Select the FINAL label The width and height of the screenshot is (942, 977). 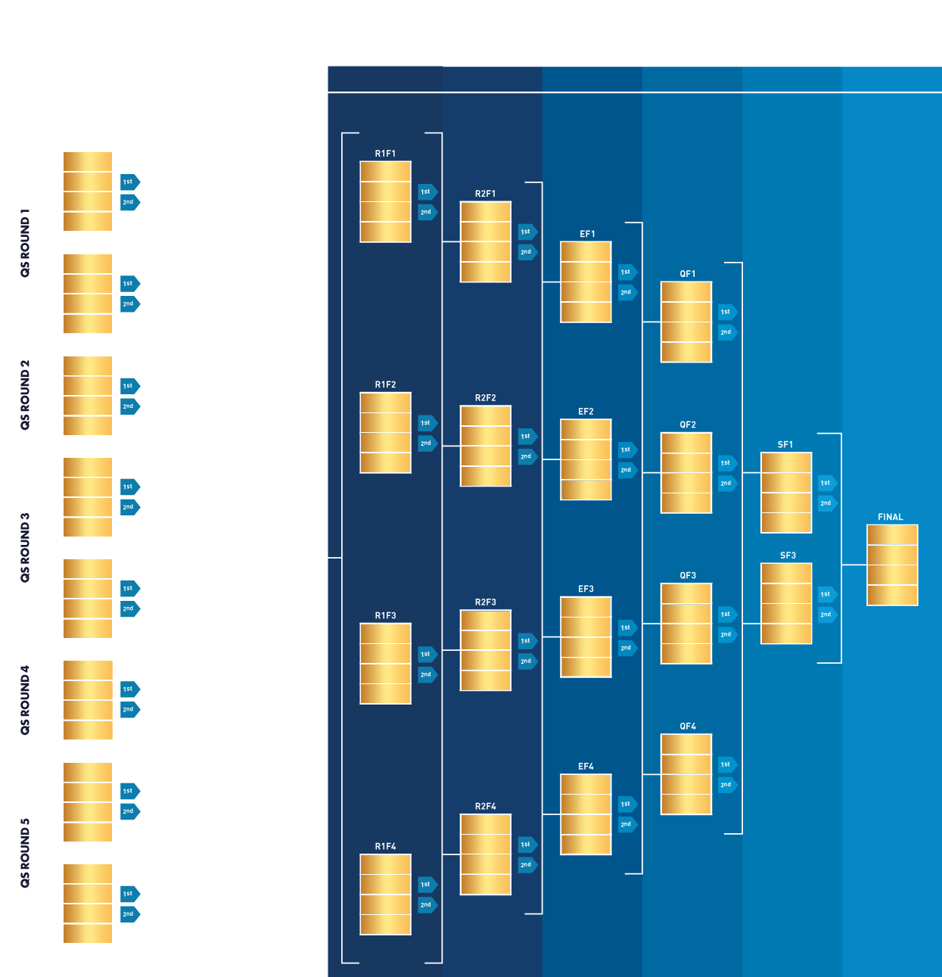coord(891,517)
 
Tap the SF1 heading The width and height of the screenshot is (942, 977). coord(785,444)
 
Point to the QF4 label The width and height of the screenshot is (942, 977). coord(688,726)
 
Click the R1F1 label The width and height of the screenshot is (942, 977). coord(385,154)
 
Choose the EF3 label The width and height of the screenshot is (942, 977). coord(586,589)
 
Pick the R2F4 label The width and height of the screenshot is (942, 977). coord(486,806)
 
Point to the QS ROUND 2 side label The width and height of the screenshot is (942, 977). coord(25,395)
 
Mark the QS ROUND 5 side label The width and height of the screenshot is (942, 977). coord(25,852)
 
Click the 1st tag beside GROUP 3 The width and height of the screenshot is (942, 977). coord(129,386)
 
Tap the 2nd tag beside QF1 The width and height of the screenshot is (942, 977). coord(726,332)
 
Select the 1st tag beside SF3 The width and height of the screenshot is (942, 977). coord(826,594)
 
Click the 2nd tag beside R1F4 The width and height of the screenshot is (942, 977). coord(427,904)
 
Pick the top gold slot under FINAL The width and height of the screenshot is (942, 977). coord(892,535)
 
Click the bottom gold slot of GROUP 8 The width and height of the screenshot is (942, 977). coord(88,934)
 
